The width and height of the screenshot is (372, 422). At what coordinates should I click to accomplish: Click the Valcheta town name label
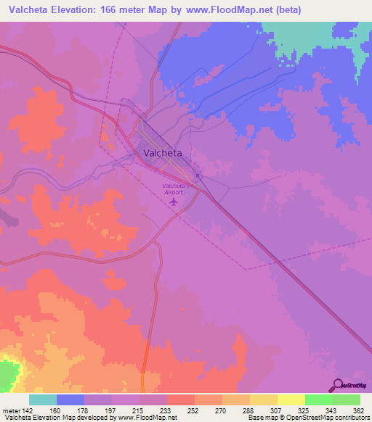click(163, 154)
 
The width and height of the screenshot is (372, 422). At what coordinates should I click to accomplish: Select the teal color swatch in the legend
click(43, 400)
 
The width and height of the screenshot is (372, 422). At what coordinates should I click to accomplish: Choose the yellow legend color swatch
click(291, 400)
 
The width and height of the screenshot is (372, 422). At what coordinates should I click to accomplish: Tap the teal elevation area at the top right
click(320, 36)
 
